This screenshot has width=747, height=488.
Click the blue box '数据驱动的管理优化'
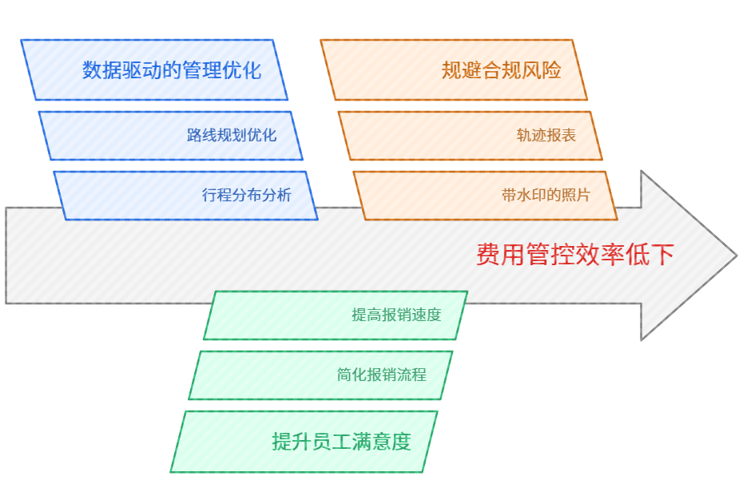(154, 70)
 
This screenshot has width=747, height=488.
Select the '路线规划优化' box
(171, 136)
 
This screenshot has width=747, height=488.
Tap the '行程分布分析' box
(185, 196)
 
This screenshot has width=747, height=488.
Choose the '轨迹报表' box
(471, 136)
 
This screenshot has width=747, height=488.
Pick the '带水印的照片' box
(485, 196)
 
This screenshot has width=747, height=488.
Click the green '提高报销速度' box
(336, 315)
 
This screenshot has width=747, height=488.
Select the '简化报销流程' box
(320, 375)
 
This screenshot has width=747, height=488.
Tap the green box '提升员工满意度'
(304, 442)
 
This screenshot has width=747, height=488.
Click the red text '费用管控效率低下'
(575, 256)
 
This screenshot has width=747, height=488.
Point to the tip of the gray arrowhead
(735, 256)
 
